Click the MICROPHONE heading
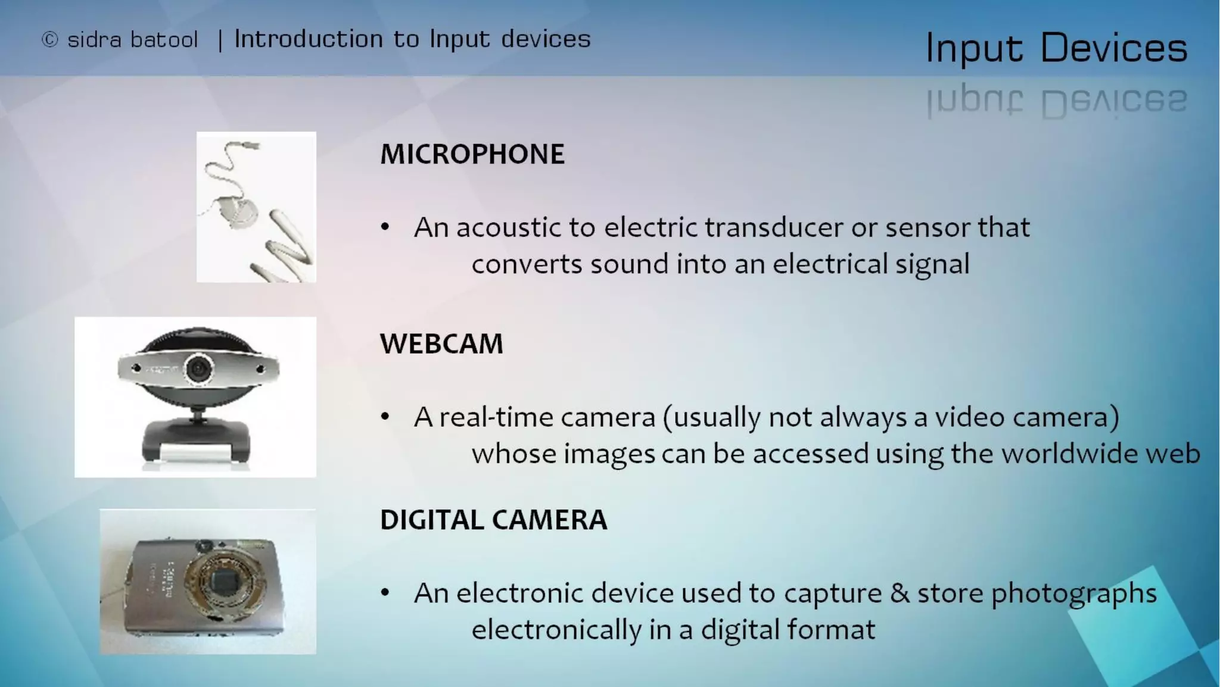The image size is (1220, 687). (x=472, y=154)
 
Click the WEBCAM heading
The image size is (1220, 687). (x=441, y=344)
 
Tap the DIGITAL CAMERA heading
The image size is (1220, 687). (x=493, y=520)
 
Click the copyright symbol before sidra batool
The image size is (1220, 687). (x=50, y=40)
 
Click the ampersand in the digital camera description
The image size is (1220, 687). (x=900, y=593)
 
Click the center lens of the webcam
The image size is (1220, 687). (x=198, y=369)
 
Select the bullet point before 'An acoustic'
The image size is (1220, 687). (x=385, y=227)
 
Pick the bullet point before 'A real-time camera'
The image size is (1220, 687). (x=385, y=417)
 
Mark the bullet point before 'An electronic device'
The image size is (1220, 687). (x=385, y=593)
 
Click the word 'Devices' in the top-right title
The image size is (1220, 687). (x=1113, y=48)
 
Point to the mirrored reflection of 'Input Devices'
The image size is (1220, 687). (x=1056, y=101)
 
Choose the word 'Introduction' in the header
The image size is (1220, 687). (x=308, y=39)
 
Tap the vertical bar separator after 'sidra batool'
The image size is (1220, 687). (x=220, y=40)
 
